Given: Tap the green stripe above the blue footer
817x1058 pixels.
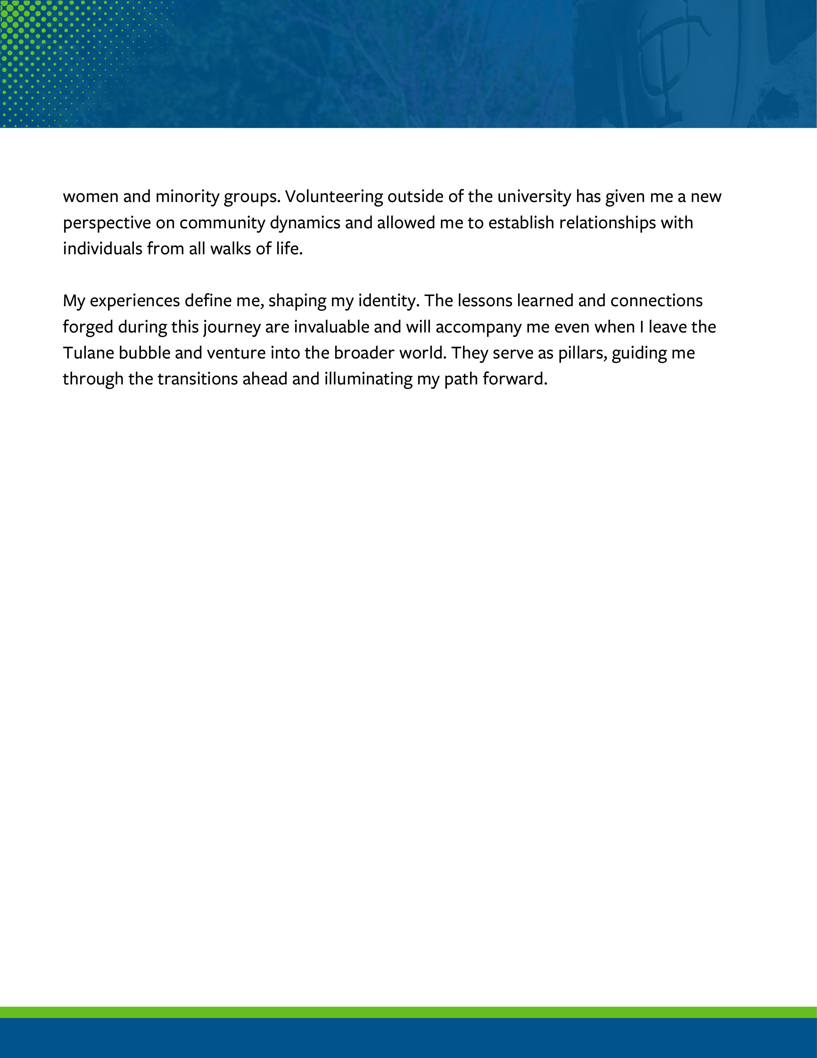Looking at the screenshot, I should coord(408,1012).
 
